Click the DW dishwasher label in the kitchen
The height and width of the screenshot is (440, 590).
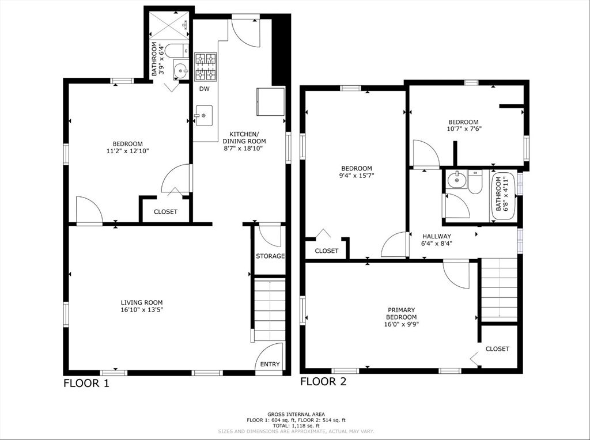205,89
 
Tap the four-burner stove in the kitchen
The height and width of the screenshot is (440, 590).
206,67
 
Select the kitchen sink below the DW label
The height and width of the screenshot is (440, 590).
203,115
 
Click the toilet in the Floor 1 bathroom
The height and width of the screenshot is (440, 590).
176,51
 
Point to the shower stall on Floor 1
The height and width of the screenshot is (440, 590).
169,25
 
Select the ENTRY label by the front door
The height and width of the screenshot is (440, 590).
270,364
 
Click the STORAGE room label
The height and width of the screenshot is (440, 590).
270,256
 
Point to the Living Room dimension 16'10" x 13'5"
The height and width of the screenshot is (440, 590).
142,310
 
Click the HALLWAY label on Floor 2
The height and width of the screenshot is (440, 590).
437,236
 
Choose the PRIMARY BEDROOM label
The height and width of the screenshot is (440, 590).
402,313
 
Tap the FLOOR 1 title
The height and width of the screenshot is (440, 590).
86,383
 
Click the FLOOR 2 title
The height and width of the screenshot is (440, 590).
323,381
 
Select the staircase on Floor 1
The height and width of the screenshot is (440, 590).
270,309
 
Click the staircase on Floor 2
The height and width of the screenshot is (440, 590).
500,289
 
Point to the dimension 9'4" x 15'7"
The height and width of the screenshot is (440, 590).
357,175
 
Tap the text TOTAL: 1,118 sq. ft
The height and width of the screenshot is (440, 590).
296,426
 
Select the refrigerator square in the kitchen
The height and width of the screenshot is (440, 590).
271,101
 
